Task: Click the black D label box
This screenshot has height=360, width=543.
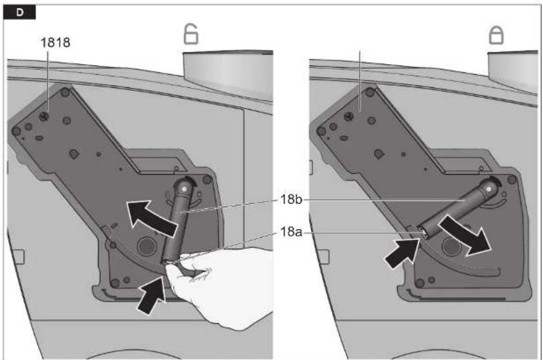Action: pos(20,12)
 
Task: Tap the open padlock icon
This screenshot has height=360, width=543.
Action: pos(191,34)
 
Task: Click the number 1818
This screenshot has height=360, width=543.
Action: pos(55,43)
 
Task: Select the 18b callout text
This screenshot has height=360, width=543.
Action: pos(291,200)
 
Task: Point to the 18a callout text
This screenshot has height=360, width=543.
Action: pos(291,232)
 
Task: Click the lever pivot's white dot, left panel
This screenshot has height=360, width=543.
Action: pos(184,189)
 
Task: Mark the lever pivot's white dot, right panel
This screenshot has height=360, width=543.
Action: pos(488,189)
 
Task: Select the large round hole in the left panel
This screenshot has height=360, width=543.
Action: pos(147,246)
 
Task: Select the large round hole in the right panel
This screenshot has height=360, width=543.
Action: pos(451,246)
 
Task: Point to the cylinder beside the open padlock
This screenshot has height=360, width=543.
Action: pos(228,74)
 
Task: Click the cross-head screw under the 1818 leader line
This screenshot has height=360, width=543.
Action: pos(44,116)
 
